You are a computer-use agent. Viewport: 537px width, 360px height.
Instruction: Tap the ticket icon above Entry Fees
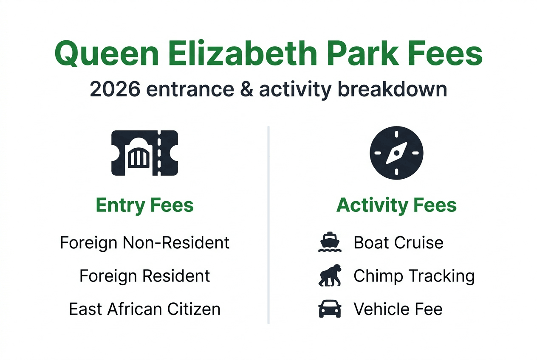pos(144,153)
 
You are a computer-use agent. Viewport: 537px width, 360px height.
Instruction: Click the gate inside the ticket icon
pos(139,156)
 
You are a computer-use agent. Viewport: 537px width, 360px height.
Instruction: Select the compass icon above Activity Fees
pos(396,153)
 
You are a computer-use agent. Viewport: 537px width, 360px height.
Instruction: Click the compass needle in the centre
pos(396,153)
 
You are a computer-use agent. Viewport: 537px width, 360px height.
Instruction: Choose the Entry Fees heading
pos(144,205)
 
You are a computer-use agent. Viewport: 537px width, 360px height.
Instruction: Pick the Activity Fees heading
pos(396,205)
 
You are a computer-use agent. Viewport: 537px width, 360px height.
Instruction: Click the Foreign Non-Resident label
pos(144,243)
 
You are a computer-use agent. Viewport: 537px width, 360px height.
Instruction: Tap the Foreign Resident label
pos(144,276)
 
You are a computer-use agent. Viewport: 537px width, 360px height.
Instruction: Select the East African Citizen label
pos(144,309)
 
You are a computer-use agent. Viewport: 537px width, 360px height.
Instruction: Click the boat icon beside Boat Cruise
pos(330,243)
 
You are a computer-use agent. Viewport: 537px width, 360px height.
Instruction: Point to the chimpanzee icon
pos(330,276)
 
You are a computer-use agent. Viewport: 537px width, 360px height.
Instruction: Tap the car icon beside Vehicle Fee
pos(330,309)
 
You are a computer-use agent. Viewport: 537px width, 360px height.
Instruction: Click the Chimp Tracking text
pos(414,276)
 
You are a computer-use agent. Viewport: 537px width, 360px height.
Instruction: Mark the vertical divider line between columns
pos(268,225)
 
